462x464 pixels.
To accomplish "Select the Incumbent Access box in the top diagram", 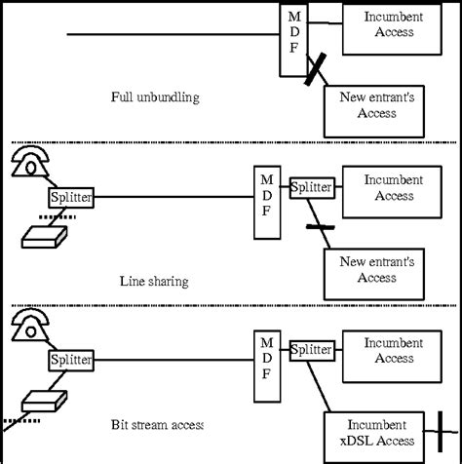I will (x=388, y=25).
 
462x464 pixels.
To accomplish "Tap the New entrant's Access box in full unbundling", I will (x=374, y=105).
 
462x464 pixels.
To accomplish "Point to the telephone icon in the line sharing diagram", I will (x=30, y=163).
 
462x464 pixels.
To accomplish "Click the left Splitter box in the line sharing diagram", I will (x=70, y=198).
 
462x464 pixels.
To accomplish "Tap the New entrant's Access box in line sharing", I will (x=374, y=269).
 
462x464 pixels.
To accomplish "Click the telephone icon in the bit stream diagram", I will (x=30, y=326).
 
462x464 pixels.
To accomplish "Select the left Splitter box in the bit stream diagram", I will (x=70, y=360).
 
